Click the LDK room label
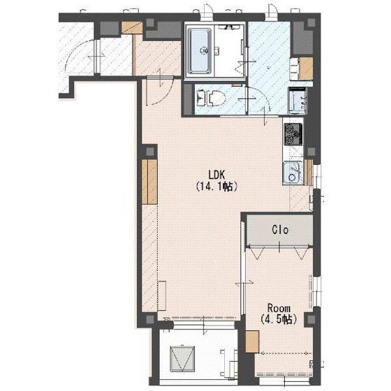pyautogui.click(x=217, y=175)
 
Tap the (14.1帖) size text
pyautogui.click(x=216, y=186)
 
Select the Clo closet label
pyautogui.click(x=280, y=230)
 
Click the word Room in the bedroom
pyautogui.click(x=279, y=309)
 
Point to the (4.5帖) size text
pyautogui.click(x=279, y=319)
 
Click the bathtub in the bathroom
pyautogui.click(x=200, y=52)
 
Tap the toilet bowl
pyautogui.click(x=216, y=97)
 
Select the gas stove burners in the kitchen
pyautogui.click(x=293, y=134)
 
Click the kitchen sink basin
pyautogui.click(x=293, y=173)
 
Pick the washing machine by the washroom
pyautogui.click(x=297, y=101)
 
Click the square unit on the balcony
pyautogui.click(x=182, y=358)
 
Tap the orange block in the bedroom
pyautogui.click(x=252, y=341)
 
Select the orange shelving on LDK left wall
pyautogui.click(x=149, y=182)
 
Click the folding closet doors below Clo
pyautogui.click(x=279, y=252)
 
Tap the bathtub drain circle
pyautogui.click(x=204, y=51)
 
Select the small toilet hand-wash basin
pyautogui.click(x=200, y=97)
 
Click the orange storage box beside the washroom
pyautogui.click(x=306, y=68)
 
